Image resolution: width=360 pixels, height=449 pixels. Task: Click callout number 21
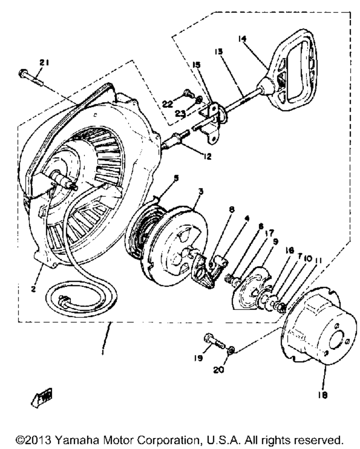(x=44, y=63)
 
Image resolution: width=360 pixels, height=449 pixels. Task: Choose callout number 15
(x=197, y=65)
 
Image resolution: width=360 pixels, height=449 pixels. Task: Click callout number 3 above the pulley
(x=201, y=192)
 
